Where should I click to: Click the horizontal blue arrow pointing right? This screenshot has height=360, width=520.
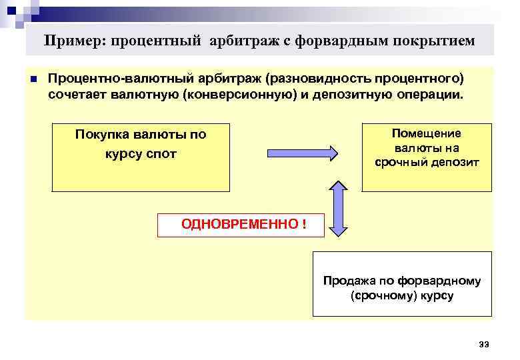(303, 153)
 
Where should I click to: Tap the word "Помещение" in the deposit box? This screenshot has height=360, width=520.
(426, 133)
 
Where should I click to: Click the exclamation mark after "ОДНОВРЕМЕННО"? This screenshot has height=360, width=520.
(303, 224)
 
